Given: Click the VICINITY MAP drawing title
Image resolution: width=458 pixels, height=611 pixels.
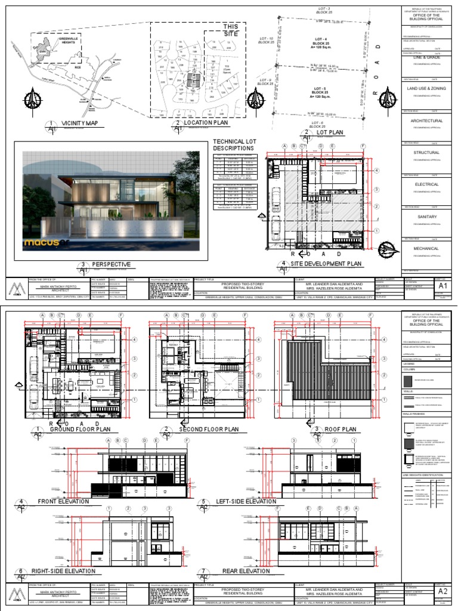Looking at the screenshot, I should (x=79, y=123).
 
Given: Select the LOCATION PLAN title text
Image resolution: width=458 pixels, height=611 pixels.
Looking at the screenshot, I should (x=206, y=123).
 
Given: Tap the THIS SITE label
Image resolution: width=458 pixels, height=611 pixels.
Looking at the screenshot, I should (x=230, y=30).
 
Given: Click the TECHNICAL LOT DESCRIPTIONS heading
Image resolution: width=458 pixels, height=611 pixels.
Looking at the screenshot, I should (x=234, y=145).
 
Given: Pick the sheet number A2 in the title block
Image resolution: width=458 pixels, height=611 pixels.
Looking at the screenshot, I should (x=442, y=591).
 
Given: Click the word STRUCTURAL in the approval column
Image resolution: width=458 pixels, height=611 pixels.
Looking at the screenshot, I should (x=426, y=153).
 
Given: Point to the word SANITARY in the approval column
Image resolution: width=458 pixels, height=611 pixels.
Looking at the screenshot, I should (x=426, y=217).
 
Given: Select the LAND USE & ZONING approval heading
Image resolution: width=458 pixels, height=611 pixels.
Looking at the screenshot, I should (x=426, y=89).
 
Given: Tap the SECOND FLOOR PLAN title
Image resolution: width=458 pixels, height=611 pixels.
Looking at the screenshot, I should (x=208, y=429).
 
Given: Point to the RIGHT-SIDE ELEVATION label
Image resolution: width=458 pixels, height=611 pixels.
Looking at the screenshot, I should (x=63, y=571).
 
